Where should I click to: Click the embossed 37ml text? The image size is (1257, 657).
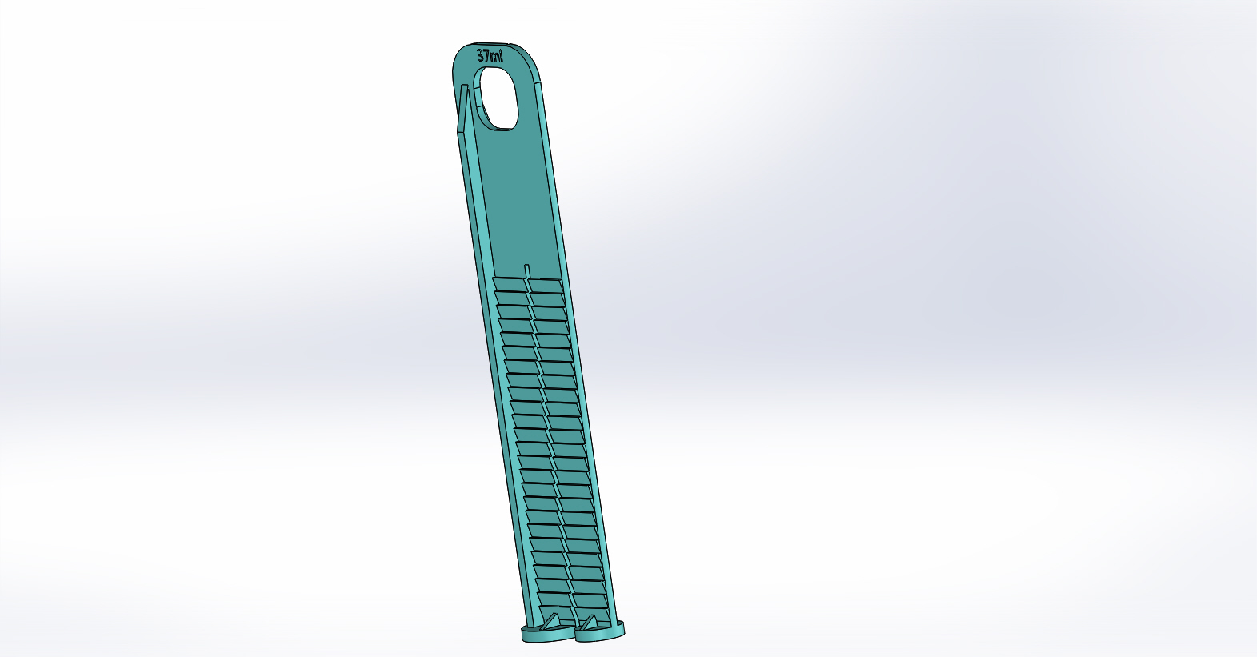click(490, 56)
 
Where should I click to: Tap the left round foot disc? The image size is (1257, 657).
click(548, 635)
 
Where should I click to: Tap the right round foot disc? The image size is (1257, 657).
click(600, 631)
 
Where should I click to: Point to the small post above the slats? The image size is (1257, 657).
click(527, 271)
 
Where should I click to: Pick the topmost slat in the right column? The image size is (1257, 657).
click(546, 286)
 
